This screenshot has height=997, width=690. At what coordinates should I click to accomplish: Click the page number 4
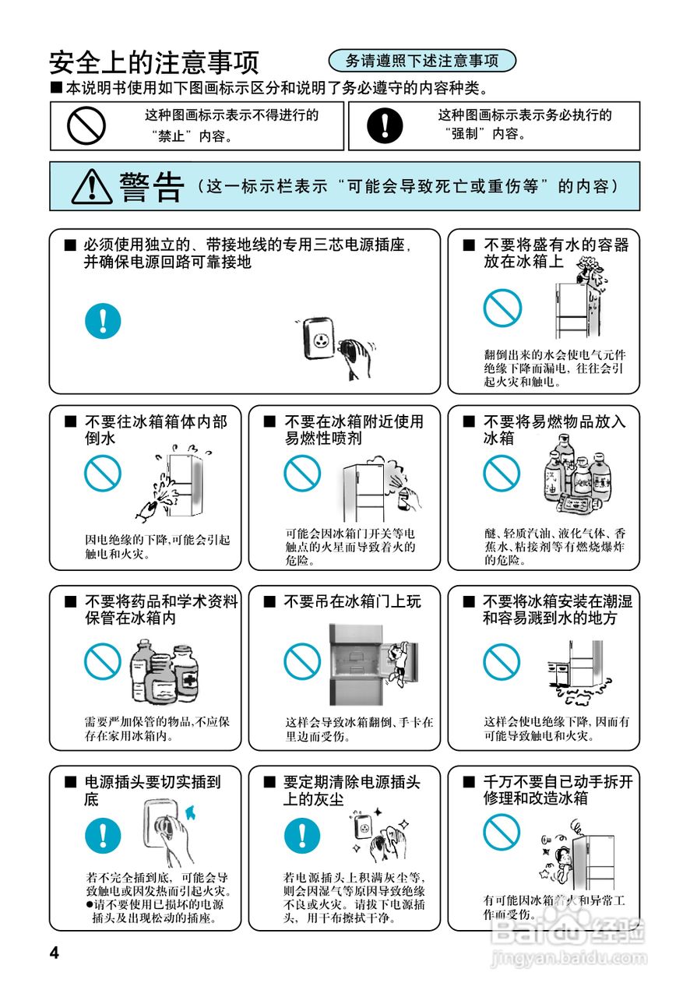pyautogui.click(x=54, y=953)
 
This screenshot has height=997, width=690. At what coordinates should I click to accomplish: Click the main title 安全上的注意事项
pyautogui.click(x=153, y=62)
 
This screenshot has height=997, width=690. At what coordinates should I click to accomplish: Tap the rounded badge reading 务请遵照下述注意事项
pyautogui.click(x=422, y=61)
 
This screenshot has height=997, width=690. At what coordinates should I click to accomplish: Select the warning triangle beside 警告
pyautogui.click(x=93, y=187)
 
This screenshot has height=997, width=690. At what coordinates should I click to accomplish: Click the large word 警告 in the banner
pyautogui.click(x=151, y=187)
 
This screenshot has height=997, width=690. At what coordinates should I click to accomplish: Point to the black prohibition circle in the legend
pyautogui.click(x=86, y=125)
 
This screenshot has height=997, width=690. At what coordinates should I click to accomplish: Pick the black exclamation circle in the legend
pyautogui.click(x=385, y=125)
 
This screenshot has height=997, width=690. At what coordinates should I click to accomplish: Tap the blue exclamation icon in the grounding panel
pyautogui.click(x=103, y=319)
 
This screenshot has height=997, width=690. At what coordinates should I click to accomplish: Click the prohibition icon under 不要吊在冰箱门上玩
pyautogui.click(x=301, y=661)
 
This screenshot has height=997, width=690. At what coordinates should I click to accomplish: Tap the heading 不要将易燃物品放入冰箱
pyautogui.click(x=554, y=430)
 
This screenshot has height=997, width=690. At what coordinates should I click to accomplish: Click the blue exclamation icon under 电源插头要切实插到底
pyautogui.click(x=103, y=835)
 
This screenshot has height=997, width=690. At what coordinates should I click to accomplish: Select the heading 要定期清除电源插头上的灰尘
pyautogui.click(x=352, y=790)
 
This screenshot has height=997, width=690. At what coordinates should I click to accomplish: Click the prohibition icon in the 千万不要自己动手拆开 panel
pyautogui.click(x=501, y=832)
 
